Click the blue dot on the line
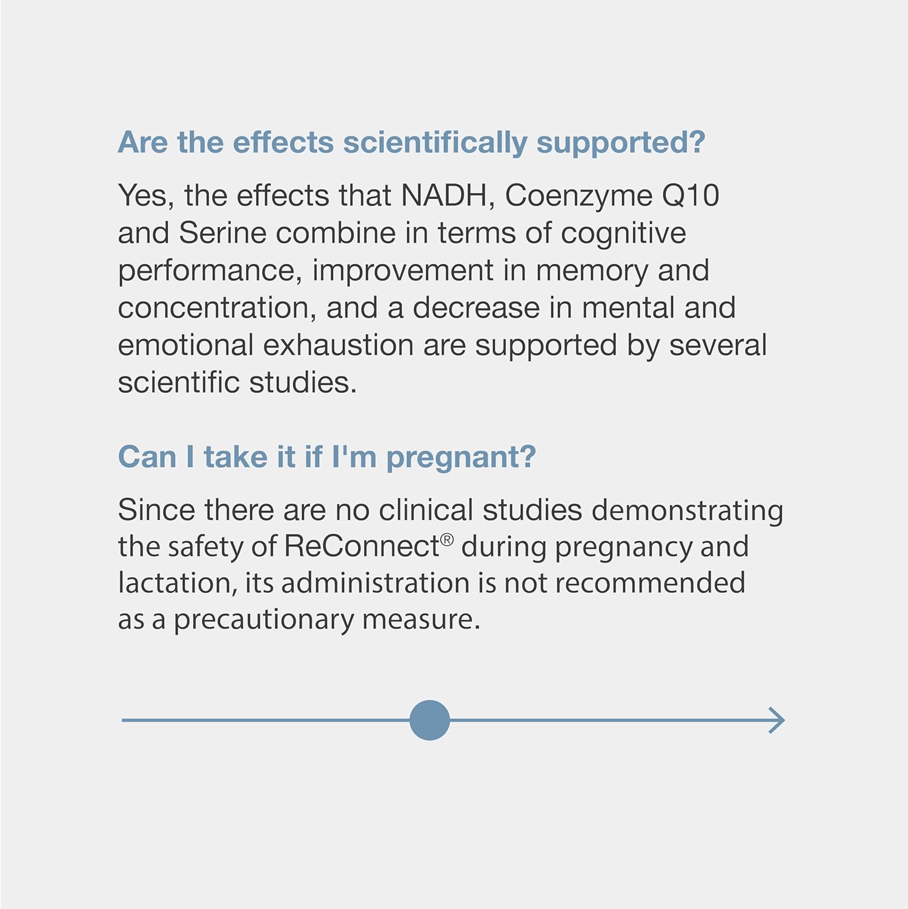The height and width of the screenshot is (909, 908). pos(429,720)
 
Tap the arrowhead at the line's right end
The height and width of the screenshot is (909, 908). pos(778,720)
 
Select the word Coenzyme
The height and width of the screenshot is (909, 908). pos(578,196)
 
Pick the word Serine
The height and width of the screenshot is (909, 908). pos(222,233)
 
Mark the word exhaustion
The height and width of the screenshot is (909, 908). pos(339,345)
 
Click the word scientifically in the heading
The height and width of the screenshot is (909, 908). pos(435,143)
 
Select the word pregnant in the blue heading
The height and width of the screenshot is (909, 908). pos(460,458)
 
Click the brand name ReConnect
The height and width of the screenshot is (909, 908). pos(362,546)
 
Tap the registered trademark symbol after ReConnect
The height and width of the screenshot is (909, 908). pos(446,539)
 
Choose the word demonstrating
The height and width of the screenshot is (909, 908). pos(687,511)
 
